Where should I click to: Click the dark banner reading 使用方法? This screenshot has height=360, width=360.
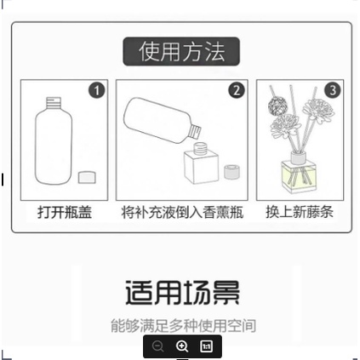(181, 51)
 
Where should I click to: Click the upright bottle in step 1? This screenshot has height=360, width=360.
(54, 144)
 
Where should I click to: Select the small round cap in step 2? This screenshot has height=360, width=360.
(230, 171)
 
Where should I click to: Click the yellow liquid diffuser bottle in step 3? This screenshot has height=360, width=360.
(298, 174)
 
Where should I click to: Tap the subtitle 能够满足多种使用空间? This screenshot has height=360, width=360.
(182, 325)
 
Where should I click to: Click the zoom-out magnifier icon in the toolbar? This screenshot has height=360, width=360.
(158, 346)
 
